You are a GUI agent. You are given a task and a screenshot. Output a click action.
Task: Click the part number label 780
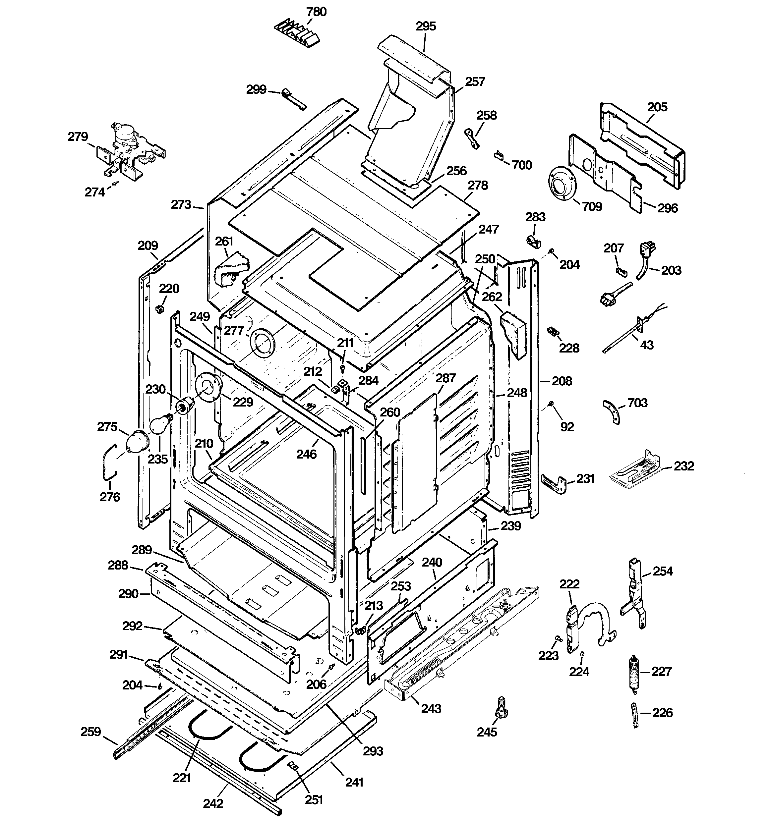[317, 12]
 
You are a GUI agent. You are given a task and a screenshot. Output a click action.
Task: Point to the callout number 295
[426, 27]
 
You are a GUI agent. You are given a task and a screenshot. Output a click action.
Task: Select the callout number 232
[684, 466]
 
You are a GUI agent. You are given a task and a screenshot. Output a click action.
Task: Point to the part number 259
[91, 732]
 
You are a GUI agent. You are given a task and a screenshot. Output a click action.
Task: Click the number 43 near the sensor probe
[646, 345]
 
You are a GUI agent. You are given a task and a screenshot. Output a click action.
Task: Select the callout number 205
[657, 107]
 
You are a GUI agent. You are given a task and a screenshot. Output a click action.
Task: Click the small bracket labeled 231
[554, 483]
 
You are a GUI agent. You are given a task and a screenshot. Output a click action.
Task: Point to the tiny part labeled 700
[499, 155]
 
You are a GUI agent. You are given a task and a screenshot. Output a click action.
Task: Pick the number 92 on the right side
[567, 426]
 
